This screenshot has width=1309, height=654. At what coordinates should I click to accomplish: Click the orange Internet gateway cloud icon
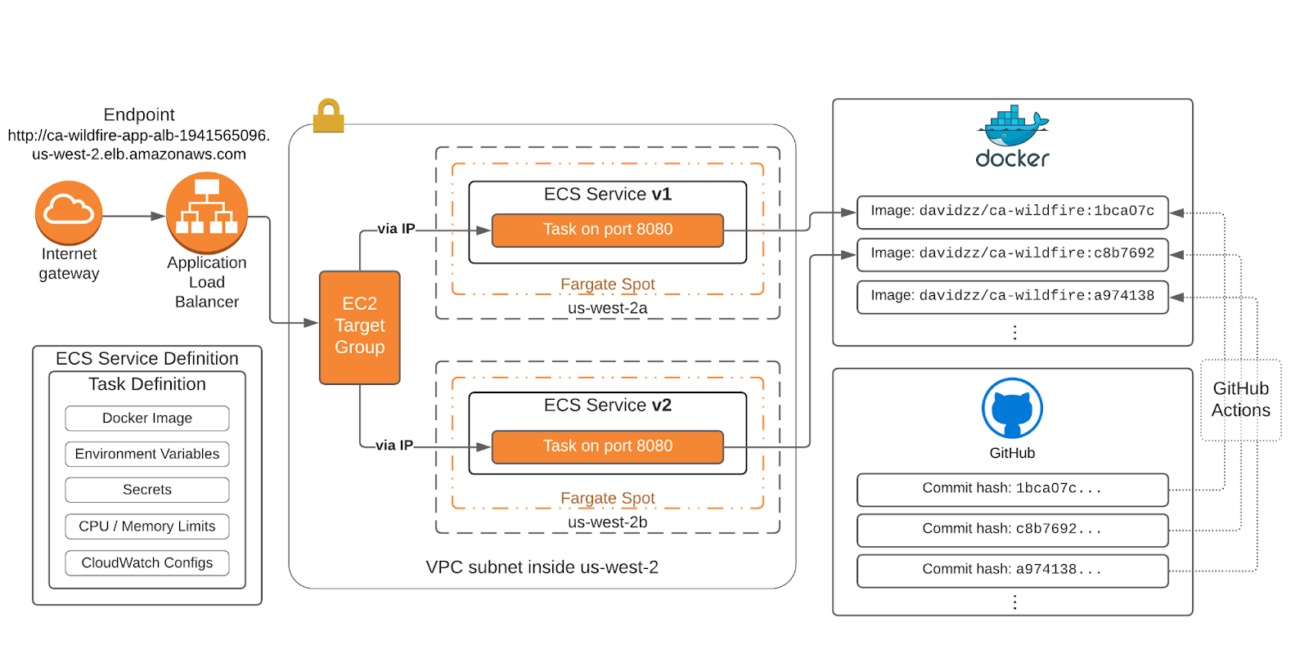pyautogui.click(x=69, y=212)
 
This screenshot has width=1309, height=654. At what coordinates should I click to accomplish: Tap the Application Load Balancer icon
pyautogui.click(x=207, y=212)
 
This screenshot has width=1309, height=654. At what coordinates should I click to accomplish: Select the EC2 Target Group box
pyautogui.click(x=360, y=327)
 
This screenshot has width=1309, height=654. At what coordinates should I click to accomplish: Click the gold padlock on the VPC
pyautogui.click(x=329, y=116)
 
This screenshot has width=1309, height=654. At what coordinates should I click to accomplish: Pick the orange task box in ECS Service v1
pyautogui.click(x=608, y=230)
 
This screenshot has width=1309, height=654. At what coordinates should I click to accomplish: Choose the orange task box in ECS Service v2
pyautogui.click(x=608, y=446)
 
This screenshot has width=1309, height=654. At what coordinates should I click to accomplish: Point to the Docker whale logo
pyautogui.click(x=1013, y=126)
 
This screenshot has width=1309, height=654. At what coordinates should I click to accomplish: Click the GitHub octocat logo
pyautogui.click(x=1013, y=408)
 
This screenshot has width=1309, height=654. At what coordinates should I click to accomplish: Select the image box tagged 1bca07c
pyautogui.click(x=1013, y=212)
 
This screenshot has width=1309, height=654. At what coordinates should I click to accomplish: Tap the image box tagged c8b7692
pyautogui.click(x=1013, y=254)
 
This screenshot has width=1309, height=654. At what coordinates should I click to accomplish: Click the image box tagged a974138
pyautogui.click(x=1013, y=297)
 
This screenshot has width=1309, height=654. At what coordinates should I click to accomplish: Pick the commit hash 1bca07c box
pyautogui.click(x=1013, y=489)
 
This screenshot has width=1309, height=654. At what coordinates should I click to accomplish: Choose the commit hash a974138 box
pyautogui.click(x=1013, y=570)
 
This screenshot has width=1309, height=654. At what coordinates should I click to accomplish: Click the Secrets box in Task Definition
pyautogui.click(x=147, y=490)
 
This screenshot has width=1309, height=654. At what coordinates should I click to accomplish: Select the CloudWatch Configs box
pyautogui.click(x=147, y=562)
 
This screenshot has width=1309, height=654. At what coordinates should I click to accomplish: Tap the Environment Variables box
pyautogui.click(x=147, y=454)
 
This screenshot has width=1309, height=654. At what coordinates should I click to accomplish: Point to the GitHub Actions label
pyautogui.click(x=1241, y=400)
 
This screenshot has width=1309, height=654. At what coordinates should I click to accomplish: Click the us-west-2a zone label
pyautogui.click(x=608, y=308)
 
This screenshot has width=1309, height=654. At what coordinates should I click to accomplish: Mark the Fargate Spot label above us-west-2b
pyautogui.click(x=608, y=498)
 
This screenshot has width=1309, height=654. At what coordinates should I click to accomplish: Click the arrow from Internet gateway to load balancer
pyautogui.click(x=133, y=217)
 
